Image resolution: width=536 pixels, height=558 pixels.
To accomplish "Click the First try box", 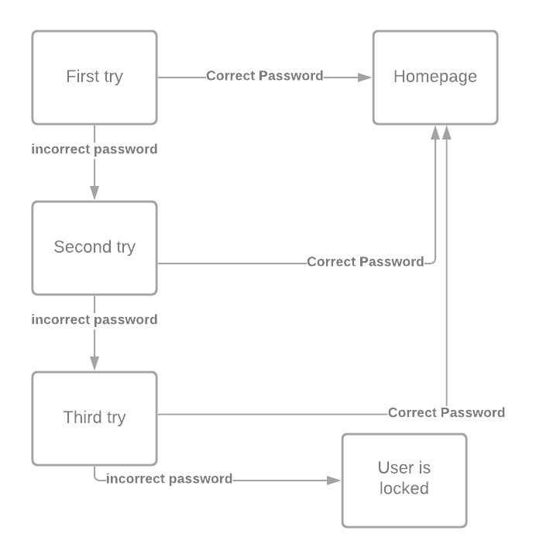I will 94,77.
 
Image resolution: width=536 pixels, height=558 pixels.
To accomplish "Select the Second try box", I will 94,247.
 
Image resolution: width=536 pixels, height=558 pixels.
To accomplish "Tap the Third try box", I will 94,418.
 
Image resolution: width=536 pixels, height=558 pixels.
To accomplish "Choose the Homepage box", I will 435,77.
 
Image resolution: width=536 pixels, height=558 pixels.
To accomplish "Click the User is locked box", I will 404,479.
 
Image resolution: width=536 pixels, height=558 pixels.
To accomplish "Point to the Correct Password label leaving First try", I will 264,76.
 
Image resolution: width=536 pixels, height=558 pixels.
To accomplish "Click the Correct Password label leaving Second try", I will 365,262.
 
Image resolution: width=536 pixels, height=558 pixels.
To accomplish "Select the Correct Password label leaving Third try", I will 446,412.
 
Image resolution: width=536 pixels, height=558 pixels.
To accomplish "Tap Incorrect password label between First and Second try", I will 94,149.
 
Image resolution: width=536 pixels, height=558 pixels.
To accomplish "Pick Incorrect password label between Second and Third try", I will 94,319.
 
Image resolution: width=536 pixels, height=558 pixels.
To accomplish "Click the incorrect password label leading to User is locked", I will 170,479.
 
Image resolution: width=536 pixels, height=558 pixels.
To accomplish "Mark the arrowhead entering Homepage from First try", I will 365,77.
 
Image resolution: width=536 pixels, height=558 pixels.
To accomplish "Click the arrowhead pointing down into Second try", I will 94,193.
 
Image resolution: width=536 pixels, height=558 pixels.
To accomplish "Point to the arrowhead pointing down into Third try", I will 94,363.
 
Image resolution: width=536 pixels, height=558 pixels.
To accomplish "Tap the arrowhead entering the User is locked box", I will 334,480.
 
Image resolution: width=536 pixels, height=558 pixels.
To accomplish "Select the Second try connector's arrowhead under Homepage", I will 436,133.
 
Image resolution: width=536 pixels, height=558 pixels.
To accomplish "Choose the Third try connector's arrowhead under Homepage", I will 446,133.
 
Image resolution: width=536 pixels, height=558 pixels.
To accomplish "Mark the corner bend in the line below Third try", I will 97,479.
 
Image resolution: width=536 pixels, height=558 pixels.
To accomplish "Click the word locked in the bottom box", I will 404,488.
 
